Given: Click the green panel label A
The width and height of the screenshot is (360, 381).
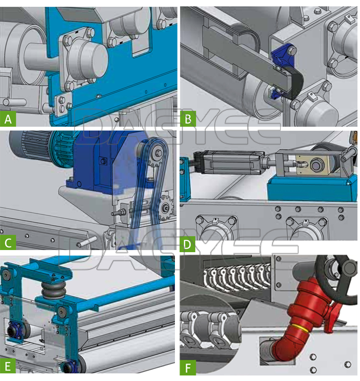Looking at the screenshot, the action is [x=8, y=119].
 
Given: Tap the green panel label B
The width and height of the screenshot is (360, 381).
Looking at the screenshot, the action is [x=188, y=119].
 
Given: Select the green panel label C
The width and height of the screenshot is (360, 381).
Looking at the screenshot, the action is [x=8, y=242].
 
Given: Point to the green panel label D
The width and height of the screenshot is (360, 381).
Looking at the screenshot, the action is [x=187, y=244].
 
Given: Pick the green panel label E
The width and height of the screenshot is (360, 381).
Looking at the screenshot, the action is [x=8, y=366].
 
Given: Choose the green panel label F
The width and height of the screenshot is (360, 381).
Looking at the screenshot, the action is [x=188, y=368].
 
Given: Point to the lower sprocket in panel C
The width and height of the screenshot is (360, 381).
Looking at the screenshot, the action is [x=166, y=206].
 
